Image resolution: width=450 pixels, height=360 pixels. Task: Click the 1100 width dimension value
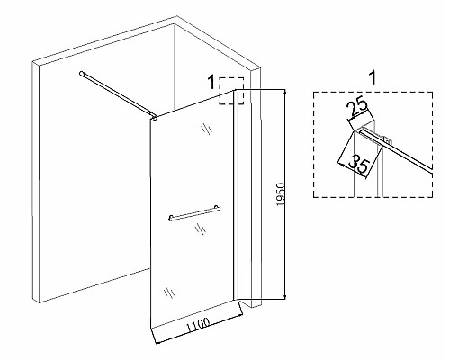tap(198, 325)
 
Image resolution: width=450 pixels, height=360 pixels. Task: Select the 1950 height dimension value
tap(281, 194)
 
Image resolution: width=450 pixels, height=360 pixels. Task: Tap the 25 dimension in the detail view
tap(357, 107)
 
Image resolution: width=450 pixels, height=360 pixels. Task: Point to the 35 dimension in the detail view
tap(360, 165)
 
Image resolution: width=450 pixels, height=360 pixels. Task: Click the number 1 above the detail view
tap(373, 78)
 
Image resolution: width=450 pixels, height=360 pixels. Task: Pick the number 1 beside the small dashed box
tap(211, 82)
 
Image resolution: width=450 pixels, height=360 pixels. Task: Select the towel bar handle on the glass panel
tap(194, 213)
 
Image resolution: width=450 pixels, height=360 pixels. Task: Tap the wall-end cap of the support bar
tap(81, 73)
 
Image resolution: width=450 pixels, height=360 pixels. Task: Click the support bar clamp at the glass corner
tap(154, 118)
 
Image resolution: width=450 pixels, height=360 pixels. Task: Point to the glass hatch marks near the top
tap(207, 129)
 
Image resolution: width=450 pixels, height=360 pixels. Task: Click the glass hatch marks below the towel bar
tap(201, 229)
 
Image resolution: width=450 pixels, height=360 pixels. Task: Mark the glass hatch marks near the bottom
tap(169, 292)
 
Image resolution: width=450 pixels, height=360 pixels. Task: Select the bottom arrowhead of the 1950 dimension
tap(284, 298)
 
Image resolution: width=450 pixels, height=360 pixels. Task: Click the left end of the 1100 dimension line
tap(157, 343)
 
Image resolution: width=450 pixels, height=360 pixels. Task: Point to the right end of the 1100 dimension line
tap(242, 315)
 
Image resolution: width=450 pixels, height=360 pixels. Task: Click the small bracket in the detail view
tap(387, 139)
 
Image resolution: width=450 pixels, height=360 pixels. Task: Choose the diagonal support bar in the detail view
tap(396, 149)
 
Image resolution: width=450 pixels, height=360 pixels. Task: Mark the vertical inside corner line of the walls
tap(175, 67)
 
